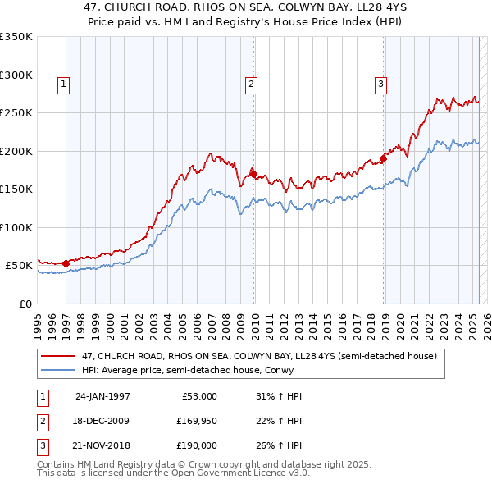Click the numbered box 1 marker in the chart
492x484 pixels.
[x=64, y=83]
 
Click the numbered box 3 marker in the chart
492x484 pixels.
[x=381, y=83]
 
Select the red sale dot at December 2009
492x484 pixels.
[x=253, y=174]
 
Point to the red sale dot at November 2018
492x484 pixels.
[x=383, y=158]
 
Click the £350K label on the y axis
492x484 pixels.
[x=16, y=37]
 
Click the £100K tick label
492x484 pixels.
[x=16, y=227]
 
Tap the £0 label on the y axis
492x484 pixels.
[x=25, y=304]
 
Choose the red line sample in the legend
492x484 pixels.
[x=58, y=356]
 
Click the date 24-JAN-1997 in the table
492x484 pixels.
[x=102, y=396]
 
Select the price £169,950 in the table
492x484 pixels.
[x=197, y=421]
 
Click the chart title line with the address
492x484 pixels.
[x=246, y=10]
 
